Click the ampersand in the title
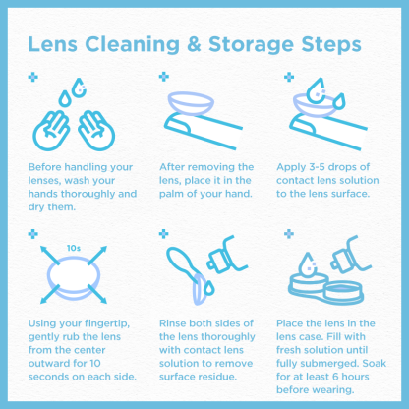194,44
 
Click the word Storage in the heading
251,45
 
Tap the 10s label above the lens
74,248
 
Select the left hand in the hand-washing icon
51,131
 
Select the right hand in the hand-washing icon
96,131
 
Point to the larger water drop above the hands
79,88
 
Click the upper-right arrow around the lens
97,255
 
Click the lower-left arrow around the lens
50,294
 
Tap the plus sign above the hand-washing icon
33,78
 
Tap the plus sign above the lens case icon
289,234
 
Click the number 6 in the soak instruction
335,377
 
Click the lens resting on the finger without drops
191,103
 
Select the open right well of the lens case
343,292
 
